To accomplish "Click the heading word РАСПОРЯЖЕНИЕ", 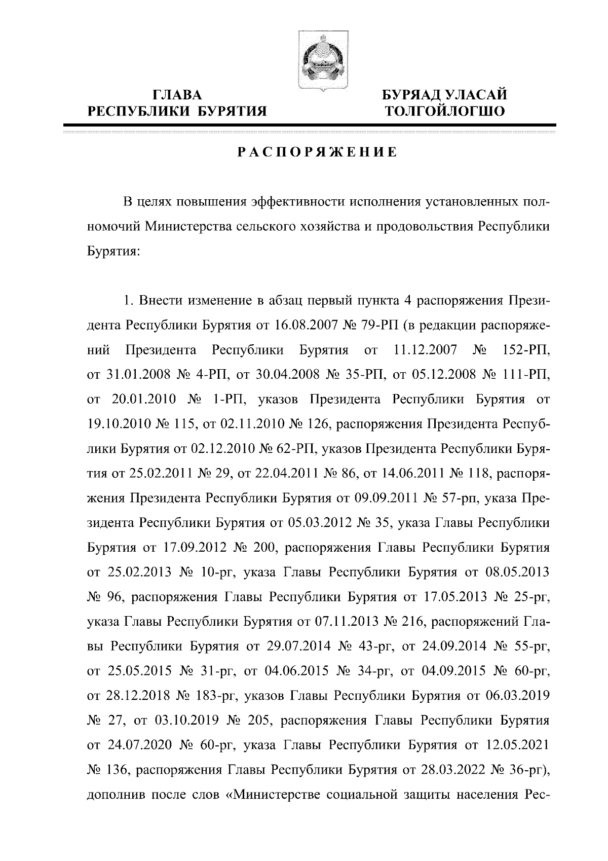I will [318, 152].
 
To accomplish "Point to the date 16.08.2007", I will [305, 325].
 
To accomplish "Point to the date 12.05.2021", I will [517, 745].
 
